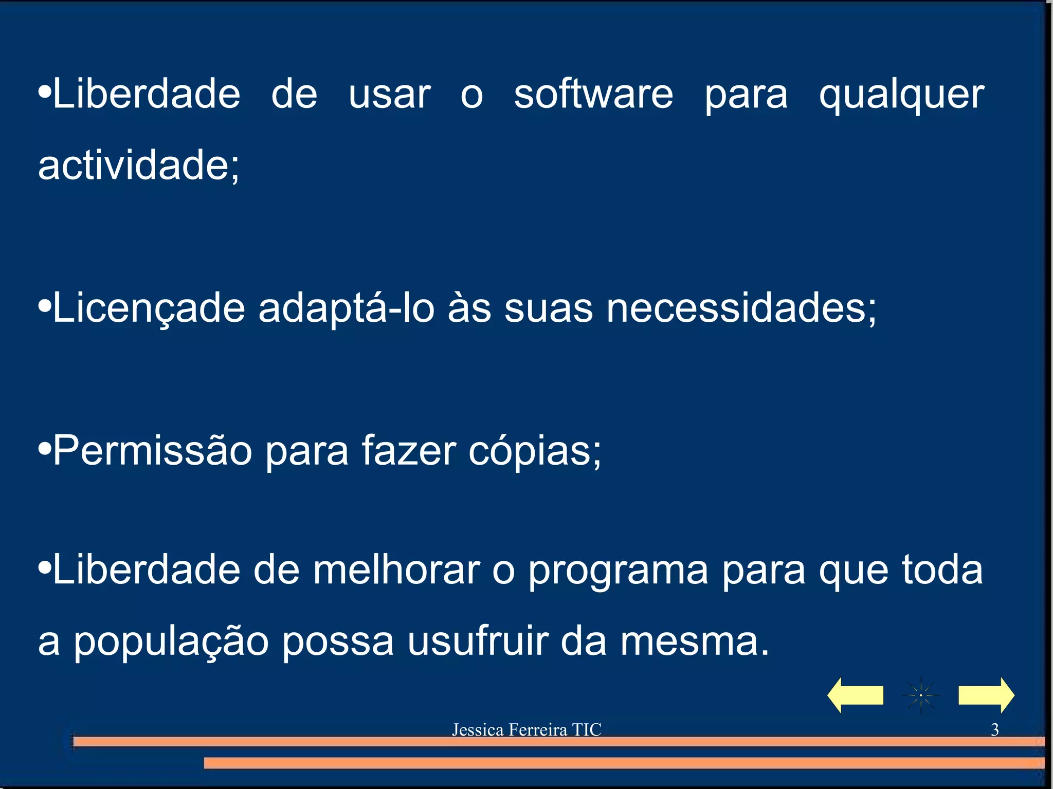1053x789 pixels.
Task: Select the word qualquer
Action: (x=901, y=96)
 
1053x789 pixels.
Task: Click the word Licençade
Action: (x=149, y=308)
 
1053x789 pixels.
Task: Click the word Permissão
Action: (x=152, y=451)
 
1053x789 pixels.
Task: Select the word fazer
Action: (x=408, y=451)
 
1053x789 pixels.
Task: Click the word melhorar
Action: (x=396, y=570)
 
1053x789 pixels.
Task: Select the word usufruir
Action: (x=478, y=641)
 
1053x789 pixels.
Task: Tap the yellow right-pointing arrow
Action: (x=986, y=695)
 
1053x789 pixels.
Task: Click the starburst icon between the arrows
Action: (x=920, y=695)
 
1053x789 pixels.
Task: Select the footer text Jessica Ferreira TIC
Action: (x=526, y=730)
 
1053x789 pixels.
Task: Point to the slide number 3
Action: (x=994, y=730)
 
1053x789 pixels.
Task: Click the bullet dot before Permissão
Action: (x=45, y=448)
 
